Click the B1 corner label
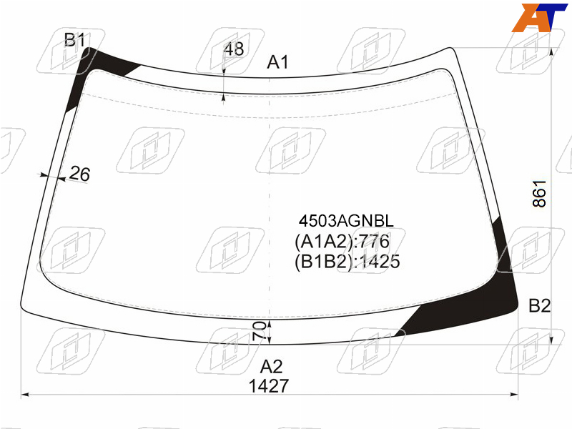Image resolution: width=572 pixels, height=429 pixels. click(74, 39)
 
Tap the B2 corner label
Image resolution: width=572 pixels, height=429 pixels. click(540, 305)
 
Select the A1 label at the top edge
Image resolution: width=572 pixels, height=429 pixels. click(277, 62)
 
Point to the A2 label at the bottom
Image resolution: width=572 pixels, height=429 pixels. click(272, 367)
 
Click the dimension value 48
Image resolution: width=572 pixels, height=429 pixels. click(234, 49)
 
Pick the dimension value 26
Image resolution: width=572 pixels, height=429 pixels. click(79, 174)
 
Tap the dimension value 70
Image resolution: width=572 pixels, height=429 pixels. click(260, 331)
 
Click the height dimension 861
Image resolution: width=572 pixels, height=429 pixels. click(539, 194)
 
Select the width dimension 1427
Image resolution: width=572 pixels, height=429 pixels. click(269, 386)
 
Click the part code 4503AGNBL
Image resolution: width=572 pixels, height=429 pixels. click(346, 221)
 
